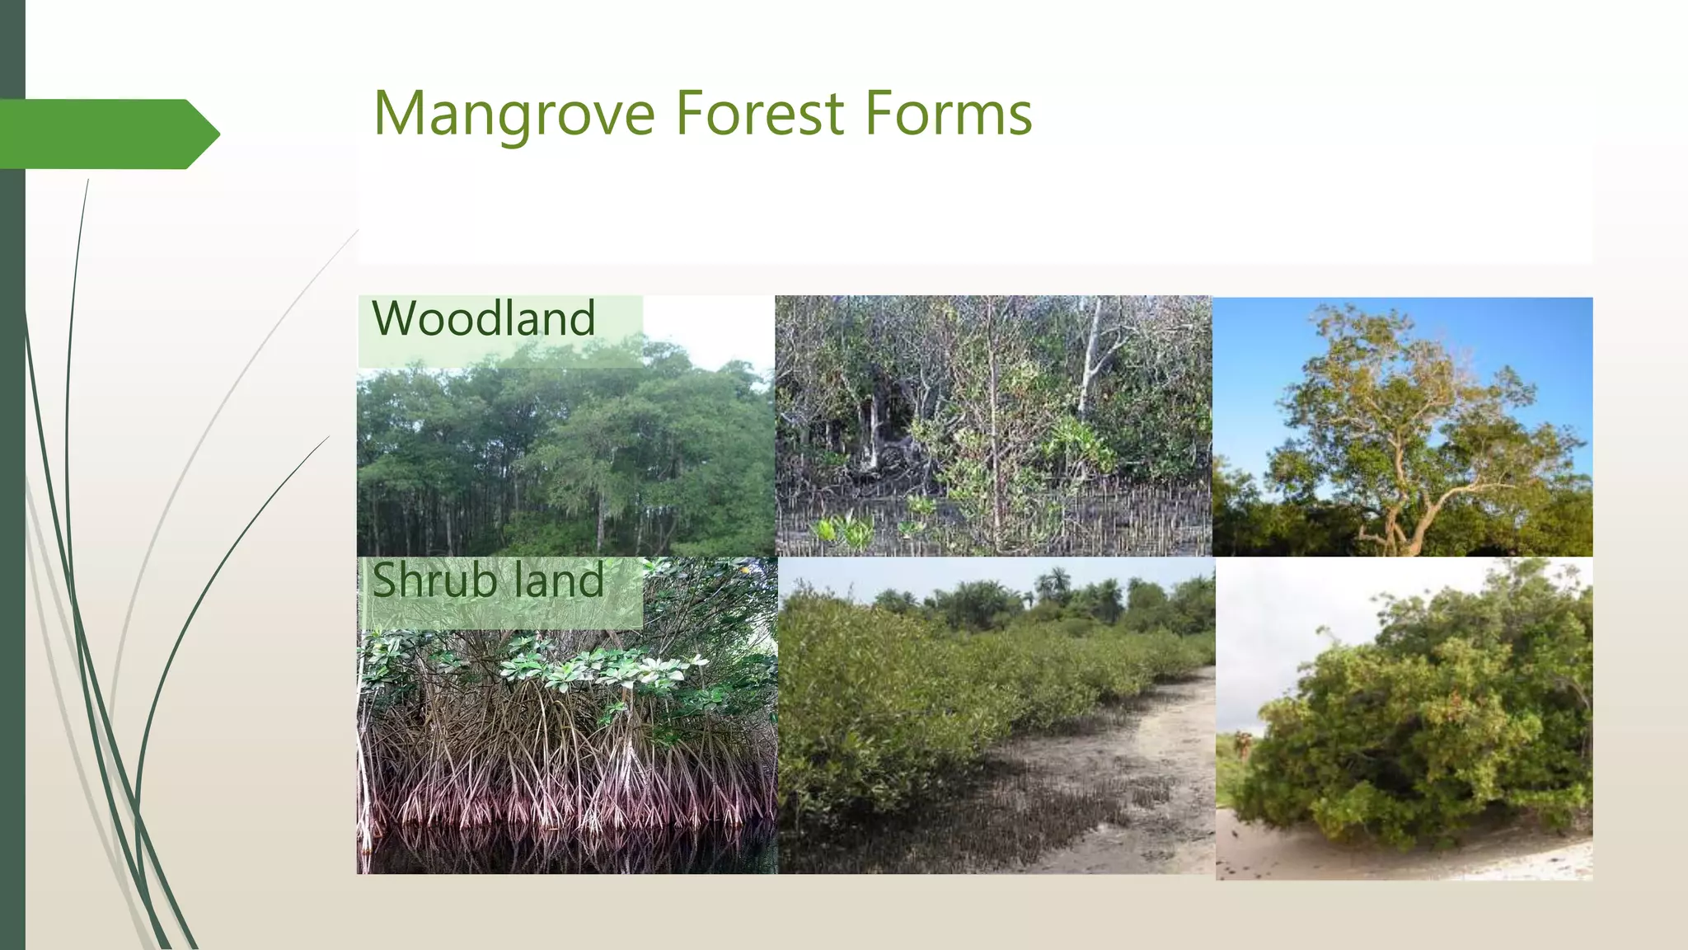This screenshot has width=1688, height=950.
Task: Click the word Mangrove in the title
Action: coord(513,114)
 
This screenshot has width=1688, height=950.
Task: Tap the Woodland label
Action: coord(484,319)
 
